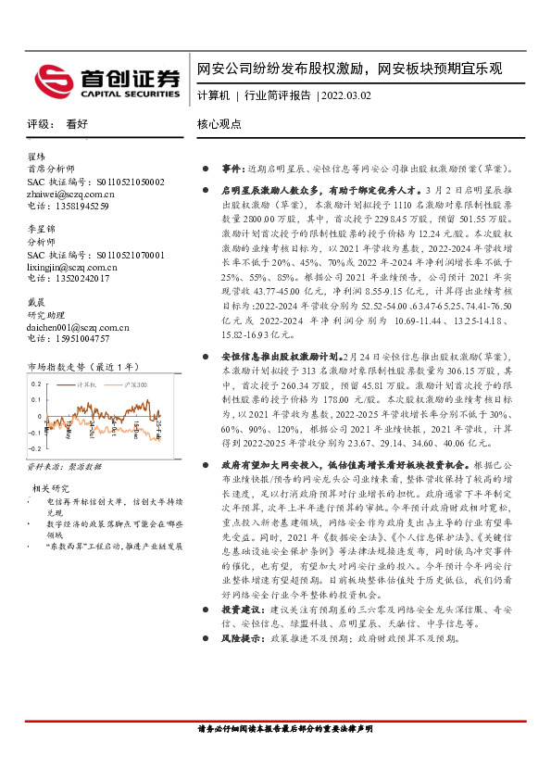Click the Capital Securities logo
point(107,82)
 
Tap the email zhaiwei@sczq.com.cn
point(70,195)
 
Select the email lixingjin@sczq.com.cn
point(74,266)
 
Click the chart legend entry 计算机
point(87,383)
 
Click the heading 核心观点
point(219,123)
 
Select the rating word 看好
point(76,123)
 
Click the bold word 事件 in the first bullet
point(231,170)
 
